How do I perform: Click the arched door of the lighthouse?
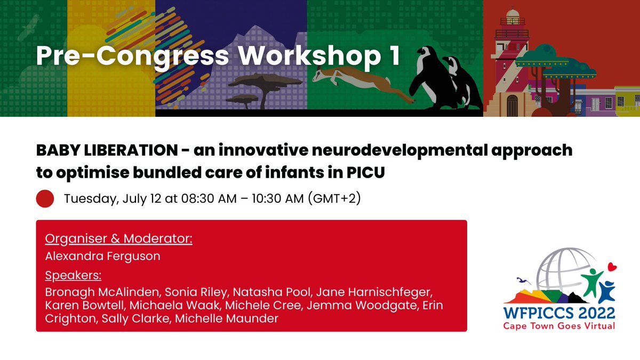(x=512, y=105)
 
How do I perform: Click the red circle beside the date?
(x=45, y=199)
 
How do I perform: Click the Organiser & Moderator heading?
(x=118, y=238)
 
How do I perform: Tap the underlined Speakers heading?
(x=74, y=276)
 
